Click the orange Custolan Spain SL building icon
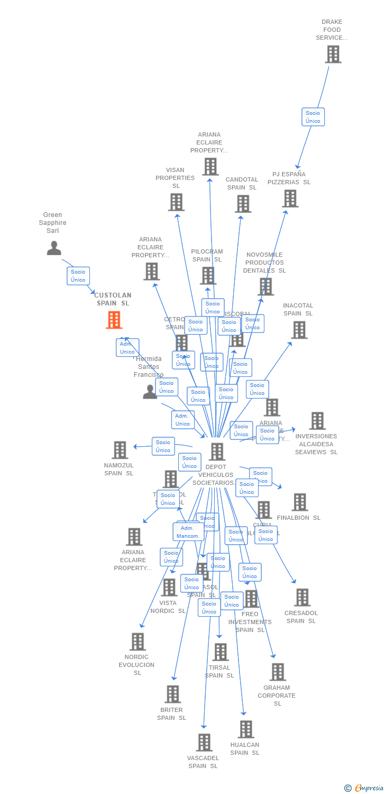(x=114, y=320)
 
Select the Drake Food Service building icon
(x=333, y=54)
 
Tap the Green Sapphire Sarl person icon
(x=54, y=248)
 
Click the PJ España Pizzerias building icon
(x=290, y=198)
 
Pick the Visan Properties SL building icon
(x=176, y=202)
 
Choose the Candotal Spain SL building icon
(x=243, y=203)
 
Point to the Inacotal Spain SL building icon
(x=299, y=330)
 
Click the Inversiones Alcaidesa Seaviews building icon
(x=317, y=421)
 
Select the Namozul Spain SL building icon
(x=120, y=450)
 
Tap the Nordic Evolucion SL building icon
(x=137, y=642)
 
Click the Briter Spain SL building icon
(x=172, y=694)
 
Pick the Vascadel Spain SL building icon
(x=204, y=742)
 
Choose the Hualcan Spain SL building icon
(x=245, y=729)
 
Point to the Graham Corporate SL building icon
(x=277, y=672)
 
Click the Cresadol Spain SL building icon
(x=302, y=597)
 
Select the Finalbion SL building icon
(x=299, y=502)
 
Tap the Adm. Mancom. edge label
(x=188, y=532)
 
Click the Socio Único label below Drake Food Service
(x=313, y=117)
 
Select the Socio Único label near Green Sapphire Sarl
(x=78, y=276)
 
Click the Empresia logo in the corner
(x=365, y=788)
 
